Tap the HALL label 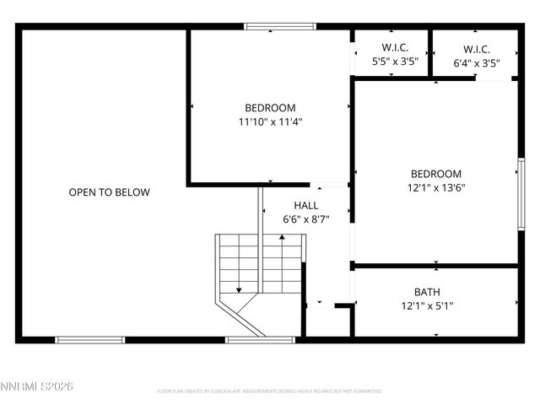tap(305, 205)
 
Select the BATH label tap(427, 292)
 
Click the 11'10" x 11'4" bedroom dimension tap(270, 121)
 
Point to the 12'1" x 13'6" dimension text tap(435, 188)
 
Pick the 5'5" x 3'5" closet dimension tap(395, 62)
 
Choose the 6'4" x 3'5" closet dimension tap(477, 62)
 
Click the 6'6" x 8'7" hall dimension tap(305, 219)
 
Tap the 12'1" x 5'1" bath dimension tap(427, 306)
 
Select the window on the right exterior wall tap(521, 193)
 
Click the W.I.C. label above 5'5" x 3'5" tap(395, 48)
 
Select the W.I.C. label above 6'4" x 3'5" tap(477, 48)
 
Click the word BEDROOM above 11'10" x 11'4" tap(270, 107)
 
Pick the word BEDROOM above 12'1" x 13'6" tap(435, 174)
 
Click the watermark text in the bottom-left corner tap(38, 386)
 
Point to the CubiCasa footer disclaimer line tap(270, 391)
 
